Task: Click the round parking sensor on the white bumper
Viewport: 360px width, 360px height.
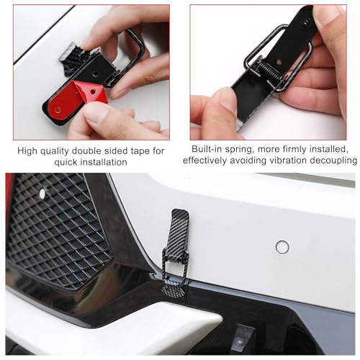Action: pos(282,247)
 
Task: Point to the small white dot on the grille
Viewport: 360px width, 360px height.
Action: pos(42,194)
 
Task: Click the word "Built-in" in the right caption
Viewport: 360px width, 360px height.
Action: pos(209,148)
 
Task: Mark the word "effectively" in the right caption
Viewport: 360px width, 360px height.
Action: pos(207,160)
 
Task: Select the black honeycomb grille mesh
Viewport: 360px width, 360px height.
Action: pos(58,230)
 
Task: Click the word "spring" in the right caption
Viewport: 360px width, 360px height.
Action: pos(244,148)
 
